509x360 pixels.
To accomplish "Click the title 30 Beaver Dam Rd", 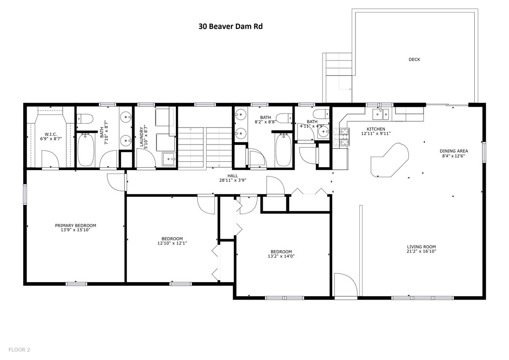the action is pos(230,26).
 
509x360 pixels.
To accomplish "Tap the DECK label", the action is pos(414,59).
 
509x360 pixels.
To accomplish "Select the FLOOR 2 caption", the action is pos(19,350).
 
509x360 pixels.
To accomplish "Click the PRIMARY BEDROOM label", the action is pos(76,226).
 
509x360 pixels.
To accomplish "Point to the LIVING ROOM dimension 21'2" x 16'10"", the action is pos(422,251).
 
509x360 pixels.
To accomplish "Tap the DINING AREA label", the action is pos(454,151).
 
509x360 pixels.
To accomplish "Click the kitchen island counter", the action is pos(390,160).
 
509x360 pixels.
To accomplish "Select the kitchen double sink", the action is pos(381,114).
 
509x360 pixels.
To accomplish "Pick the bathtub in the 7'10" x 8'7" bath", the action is pos(86,150).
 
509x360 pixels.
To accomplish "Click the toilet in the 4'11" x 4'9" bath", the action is pos(320,114).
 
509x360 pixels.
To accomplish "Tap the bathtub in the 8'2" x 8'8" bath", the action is pos(283,150).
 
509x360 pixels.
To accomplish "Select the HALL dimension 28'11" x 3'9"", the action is pos(232,180).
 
